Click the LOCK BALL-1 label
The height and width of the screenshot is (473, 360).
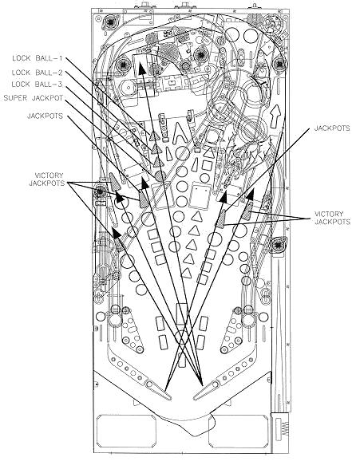tap(37, 58)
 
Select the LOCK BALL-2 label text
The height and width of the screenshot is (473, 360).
tap(37, 73)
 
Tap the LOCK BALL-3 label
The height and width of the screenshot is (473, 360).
tap(37, 85)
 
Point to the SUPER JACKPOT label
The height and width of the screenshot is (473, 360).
tap(34, 98)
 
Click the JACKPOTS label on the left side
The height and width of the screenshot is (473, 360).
tap(45, 116)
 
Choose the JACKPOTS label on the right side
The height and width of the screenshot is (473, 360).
tap(332, 128)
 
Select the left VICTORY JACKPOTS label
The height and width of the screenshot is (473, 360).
tap(47, 179)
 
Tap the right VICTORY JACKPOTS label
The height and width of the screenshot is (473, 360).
tap(332, 218)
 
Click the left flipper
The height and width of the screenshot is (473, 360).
tap(158, 390)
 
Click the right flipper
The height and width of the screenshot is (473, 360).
tap(207, 390)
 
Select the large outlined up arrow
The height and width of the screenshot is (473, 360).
tap(275, 116)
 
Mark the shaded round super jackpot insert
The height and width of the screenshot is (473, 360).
tap(160, 175)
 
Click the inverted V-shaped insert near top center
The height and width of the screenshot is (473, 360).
tap(180, 132)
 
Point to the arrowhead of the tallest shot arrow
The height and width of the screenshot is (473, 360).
tap(140, 67)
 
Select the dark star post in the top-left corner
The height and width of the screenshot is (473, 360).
tap(110, 22)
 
